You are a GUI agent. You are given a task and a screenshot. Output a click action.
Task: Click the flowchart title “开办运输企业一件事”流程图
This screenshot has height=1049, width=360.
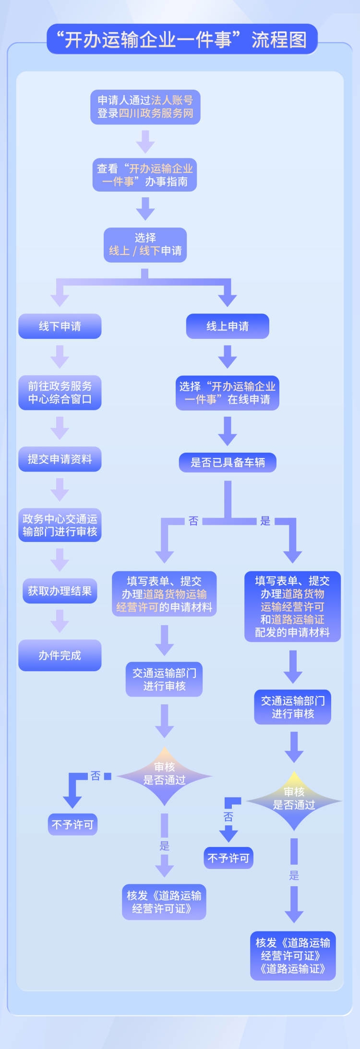[182, 39]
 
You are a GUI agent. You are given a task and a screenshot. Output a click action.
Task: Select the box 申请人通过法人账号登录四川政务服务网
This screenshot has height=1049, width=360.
[145, 107]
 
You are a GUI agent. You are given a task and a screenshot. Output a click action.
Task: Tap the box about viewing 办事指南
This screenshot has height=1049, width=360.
[145, 175]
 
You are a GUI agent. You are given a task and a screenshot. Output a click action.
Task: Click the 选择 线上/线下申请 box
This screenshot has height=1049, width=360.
[145, 244]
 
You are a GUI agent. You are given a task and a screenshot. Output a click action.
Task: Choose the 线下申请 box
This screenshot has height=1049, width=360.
[60, 326]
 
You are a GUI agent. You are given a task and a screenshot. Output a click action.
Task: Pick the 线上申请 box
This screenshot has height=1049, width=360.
[228, 326]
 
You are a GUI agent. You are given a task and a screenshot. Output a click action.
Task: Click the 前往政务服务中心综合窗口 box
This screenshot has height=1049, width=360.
[60, 393]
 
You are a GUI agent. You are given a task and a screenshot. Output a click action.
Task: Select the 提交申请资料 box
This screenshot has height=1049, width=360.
[60, 459]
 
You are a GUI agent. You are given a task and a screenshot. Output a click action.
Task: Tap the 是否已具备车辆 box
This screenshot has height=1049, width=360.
[228, 462]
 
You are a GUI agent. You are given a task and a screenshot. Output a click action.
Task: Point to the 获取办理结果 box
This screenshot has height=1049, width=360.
[60, 591]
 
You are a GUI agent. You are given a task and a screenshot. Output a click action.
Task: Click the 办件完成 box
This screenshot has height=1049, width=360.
[60, 655]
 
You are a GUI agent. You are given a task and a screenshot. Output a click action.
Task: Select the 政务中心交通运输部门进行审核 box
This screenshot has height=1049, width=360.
[60, 525]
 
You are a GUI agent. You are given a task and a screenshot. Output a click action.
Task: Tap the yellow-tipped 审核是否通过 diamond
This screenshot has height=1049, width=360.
[294, 801]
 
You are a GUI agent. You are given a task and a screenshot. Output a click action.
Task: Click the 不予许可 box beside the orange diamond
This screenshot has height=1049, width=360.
[72, 824]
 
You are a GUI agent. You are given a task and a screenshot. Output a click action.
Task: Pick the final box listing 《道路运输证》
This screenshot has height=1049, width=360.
[293, 956]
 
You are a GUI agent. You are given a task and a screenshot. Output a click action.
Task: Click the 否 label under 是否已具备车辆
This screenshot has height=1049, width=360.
[193, 521]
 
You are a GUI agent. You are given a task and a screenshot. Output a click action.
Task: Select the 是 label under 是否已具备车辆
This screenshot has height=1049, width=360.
[265, 521]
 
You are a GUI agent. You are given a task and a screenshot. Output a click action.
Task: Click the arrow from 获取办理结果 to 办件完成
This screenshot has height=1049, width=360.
[60, 621]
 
